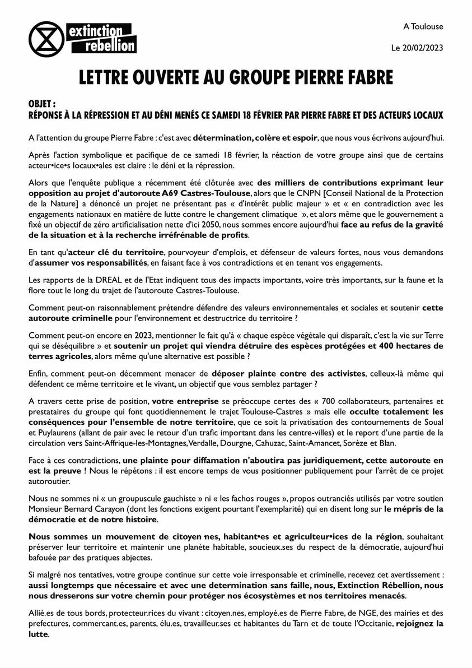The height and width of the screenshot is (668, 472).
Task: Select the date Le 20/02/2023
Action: pyautogui.click(x=417, y=48)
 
